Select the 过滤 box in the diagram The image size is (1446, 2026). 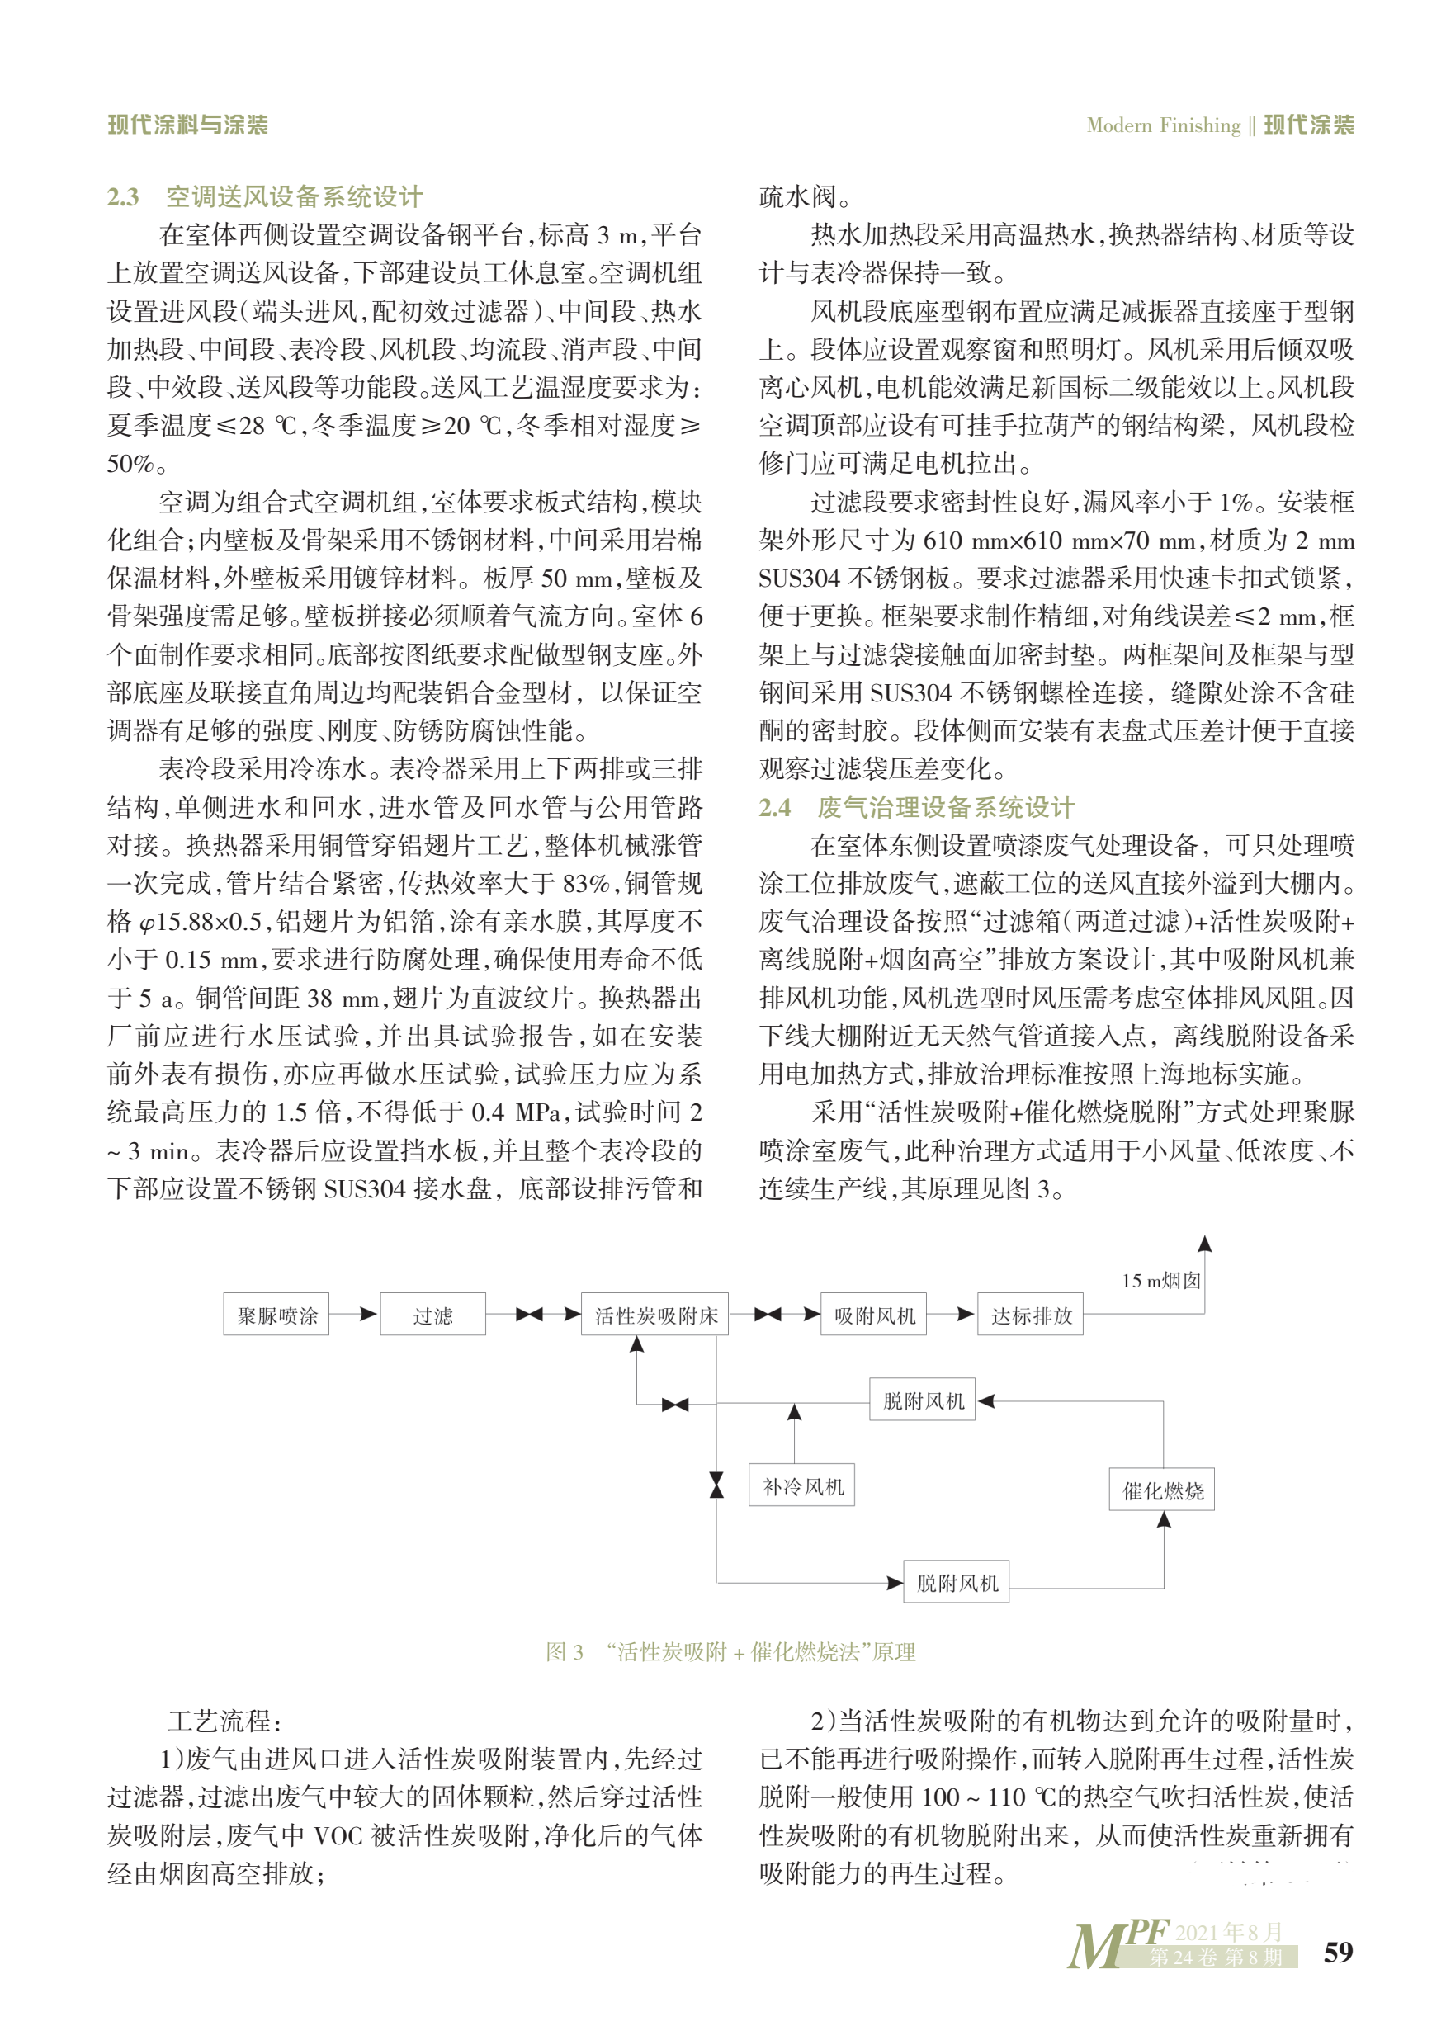coord(432,1315)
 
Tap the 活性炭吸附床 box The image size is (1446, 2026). coord(655,1315)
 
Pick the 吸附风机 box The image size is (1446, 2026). coord(874,1315)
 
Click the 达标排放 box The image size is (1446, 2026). coord(1031,1315)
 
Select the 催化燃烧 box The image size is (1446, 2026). coord(1162,1490)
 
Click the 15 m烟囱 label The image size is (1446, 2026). coord(1161,1280)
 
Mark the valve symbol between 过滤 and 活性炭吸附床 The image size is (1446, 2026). coord(529,1314)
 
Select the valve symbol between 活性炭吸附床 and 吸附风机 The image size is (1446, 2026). coord(768,1314)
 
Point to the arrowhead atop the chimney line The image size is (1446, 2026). coord(1205,1244)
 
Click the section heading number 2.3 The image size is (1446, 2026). coord(123,196)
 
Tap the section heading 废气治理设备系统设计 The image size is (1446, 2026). coord(946,806)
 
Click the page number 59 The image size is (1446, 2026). coord(1337,1952)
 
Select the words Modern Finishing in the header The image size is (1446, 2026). coord(1163,125)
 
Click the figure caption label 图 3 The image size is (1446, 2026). coord(565,1652)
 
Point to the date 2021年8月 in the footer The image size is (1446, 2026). coord(1229,1931)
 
